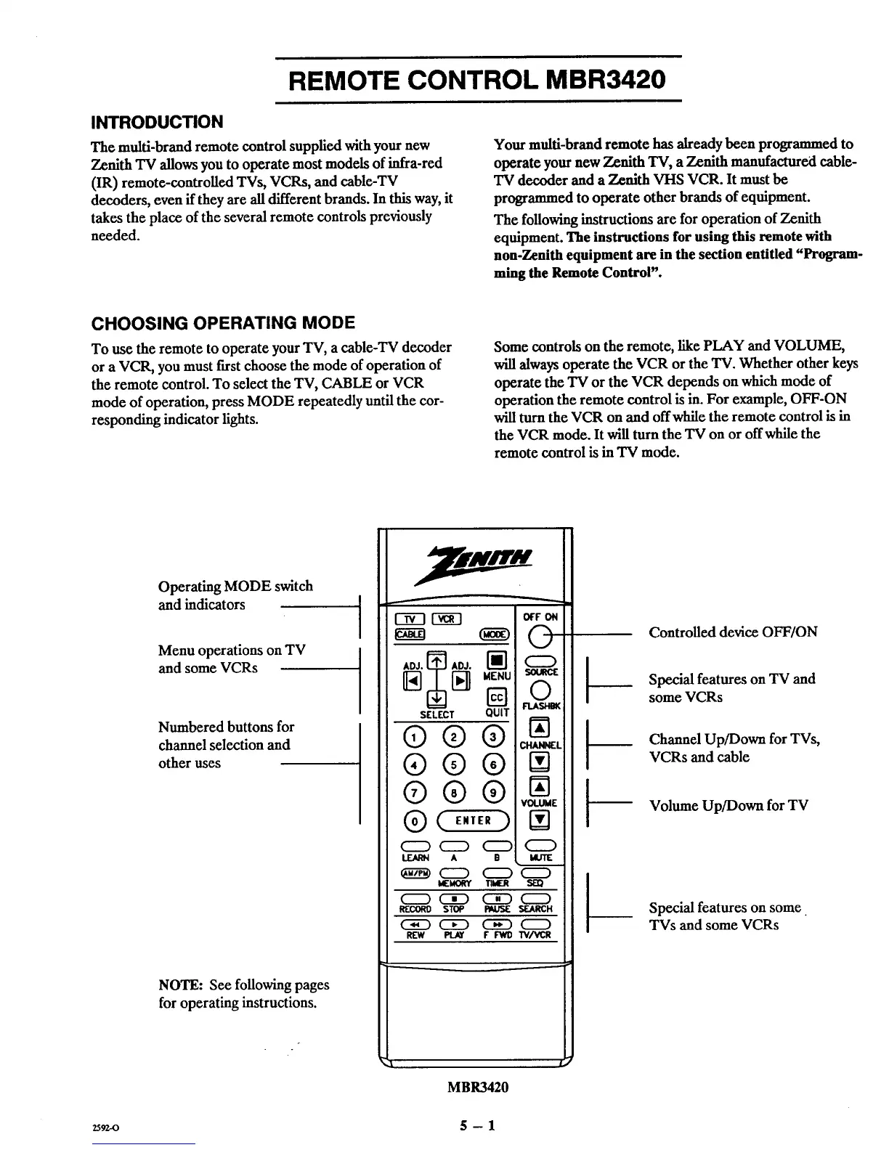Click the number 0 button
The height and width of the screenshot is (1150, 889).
point(415,820)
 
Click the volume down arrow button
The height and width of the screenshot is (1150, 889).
point(539,820)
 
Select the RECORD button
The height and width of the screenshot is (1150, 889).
point(415,899)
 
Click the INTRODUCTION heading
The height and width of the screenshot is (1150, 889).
point(155,121)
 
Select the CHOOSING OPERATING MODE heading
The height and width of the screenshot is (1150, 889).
point(222,323)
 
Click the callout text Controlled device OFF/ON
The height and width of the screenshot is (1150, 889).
point(733,632)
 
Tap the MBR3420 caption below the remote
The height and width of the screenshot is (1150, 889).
point(477,1087)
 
